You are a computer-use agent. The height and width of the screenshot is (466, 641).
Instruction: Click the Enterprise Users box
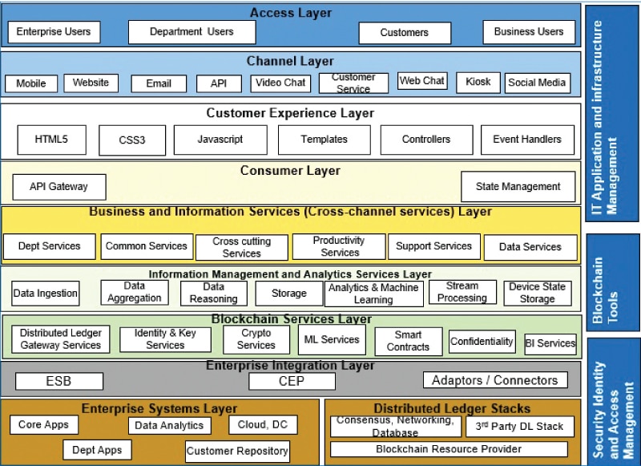coord(54,32)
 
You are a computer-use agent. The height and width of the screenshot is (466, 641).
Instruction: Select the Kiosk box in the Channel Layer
coord(478,82)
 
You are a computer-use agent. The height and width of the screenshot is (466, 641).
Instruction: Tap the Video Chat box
coord(280,83)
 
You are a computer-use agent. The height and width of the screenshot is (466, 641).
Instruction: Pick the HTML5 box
coord(51,140)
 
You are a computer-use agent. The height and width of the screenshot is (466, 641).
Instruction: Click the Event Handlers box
coord(527,140)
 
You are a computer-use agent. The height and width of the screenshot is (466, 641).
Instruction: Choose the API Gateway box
coord(58,187)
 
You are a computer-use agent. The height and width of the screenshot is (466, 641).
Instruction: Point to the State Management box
coord(518,187)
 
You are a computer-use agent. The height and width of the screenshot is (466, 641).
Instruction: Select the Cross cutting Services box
coord(241,247)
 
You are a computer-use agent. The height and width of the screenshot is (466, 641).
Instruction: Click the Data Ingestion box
coord(46,294)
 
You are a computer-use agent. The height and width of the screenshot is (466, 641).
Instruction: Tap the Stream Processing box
coord(462,292)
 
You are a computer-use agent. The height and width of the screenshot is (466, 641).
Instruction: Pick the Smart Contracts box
coord(408,341)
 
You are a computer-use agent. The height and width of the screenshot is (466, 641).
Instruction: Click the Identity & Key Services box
coord(165,339)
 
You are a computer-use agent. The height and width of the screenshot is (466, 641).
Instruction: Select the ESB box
coord(58,381)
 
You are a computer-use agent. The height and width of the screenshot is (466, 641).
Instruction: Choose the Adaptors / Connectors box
coord(494,380)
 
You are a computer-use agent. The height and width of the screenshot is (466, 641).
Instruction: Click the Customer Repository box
coord(237,451)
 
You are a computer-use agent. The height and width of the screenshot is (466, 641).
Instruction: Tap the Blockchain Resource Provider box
coord(449,449)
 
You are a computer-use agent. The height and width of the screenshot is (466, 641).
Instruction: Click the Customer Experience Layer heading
coord(290,113)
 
